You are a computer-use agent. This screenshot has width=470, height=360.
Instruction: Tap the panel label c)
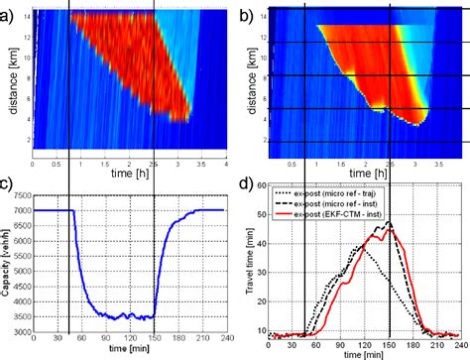(8, 184)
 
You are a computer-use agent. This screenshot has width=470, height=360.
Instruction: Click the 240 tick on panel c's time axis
(228, 346)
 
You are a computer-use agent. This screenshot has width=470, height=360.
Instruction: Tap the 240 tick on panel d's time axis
(461, 346)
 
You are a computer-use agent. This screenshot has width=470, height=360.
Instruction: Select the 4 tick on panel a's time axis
(226, 161)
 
